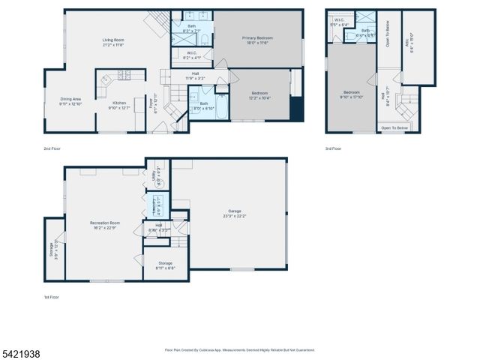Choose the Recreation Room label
(105, 223)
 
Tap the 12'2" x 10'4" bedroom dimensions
(259, 97)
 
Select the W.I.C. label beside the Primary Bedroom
(192, 53)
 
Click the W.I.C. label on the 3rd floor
(339, 21)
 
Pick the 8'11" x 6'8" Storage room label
(165, 264)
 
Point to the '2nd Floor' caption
(52, 149)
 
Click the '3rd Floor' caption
(334, 149)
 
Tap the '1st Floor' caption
(51, 297)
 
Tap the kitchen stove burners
(123, 74)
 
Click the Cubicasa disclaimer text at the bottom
(239, 349)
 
